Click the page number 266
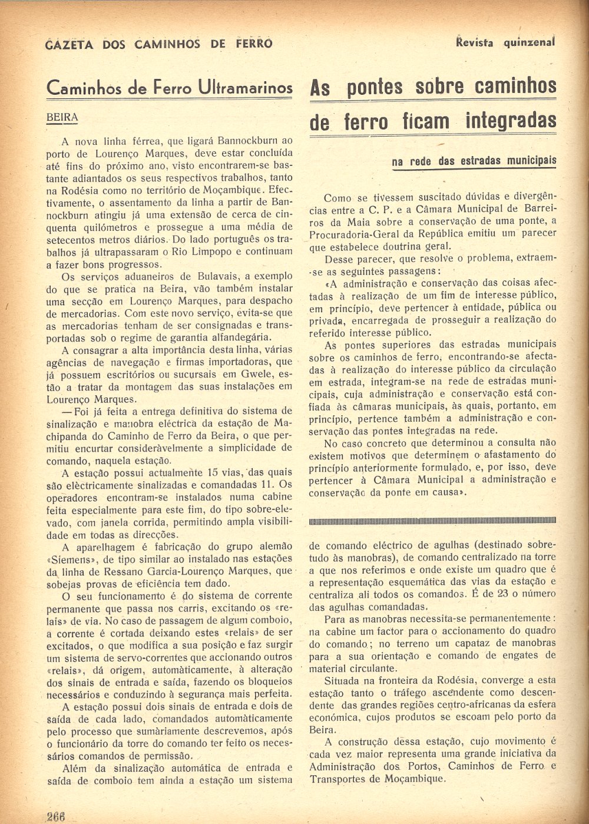(55, 816)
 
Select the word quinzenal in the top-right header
(530, 42)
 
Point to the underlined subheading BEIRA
(62, 117)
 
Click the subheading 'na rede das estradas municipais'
(474, 161)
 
